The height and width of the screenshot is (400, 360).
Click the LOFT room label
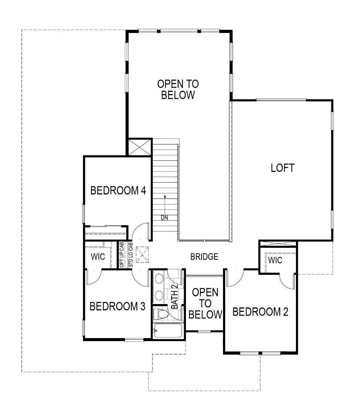coord(283,168)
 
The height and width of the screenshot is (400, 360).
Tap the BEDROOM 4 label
coord(118,190)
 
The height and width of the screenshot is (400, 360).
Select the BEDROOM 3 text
coord(117,306)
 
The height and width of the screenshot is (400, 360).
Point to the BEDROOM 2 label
coord(260,312)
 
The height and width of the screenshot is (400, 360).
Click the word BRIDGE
coord(204,257)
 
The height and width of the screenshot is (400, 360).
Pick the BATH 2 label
coord(174,296)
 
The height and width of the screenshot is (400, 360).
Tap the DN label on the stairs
coord(164,218)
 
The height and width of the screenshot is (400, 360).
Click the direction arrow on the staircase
coord(165,204)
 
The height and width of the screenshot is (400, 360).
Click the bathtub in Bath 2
coord(168,331)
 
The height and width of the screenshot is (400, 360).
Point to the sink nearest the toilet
coord(159,296)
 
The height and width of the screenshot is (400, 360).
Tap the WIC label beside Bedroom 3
coord(98,257)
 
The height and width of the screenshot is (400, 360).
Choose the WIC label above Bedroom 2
coord(275,260)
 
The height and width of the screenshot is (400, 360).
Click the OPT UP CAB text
coord(122,255)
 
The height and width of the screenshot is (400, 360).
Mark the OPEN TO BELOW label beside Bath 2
coord(205,304)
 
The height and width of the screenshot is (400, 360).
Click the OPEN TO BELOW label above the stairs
coord(178,89)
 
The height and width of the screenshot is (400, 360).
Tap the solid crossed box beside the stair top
coord(140,147)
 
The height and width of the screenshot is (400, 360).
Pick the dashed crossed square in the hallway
coord(142,254)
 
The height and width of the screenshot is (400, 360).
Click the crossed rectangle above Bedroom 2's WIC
coord(277,244)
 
